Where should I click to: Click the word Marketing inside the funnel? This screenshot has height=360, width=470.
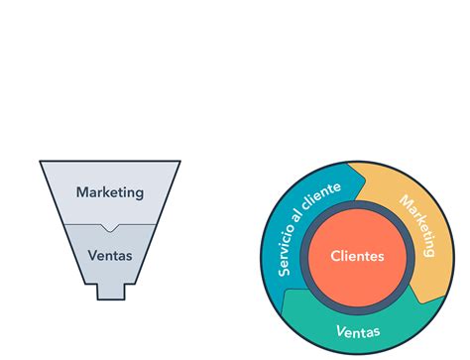[x=109, y=191]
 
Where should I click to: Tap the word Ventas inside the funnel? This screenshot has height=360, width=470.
[x=109, y=255]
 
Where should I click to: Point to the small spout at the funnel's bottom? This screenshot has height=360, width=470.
[x=109, y=292]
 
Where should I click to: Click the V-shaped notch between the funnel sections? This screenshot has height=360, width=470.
[x=109, y=227]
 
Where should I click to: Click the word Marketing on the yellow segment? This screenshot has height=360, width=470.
[x=417, y=226]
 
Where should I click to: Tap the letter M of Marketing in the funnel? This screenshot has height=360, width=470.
[x=81, y=191]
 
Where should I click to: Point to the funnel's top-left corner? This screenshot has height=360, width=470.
[x=41, y=162]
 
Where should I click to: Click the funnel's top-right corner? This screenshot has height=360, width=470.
[x=178, y=162]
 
